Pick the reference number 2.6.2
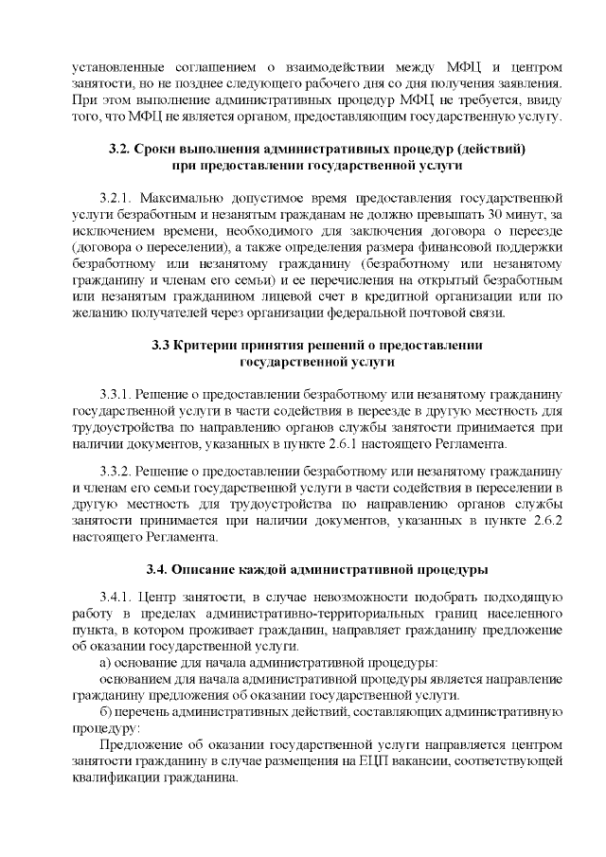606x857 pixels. (542, 520)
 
